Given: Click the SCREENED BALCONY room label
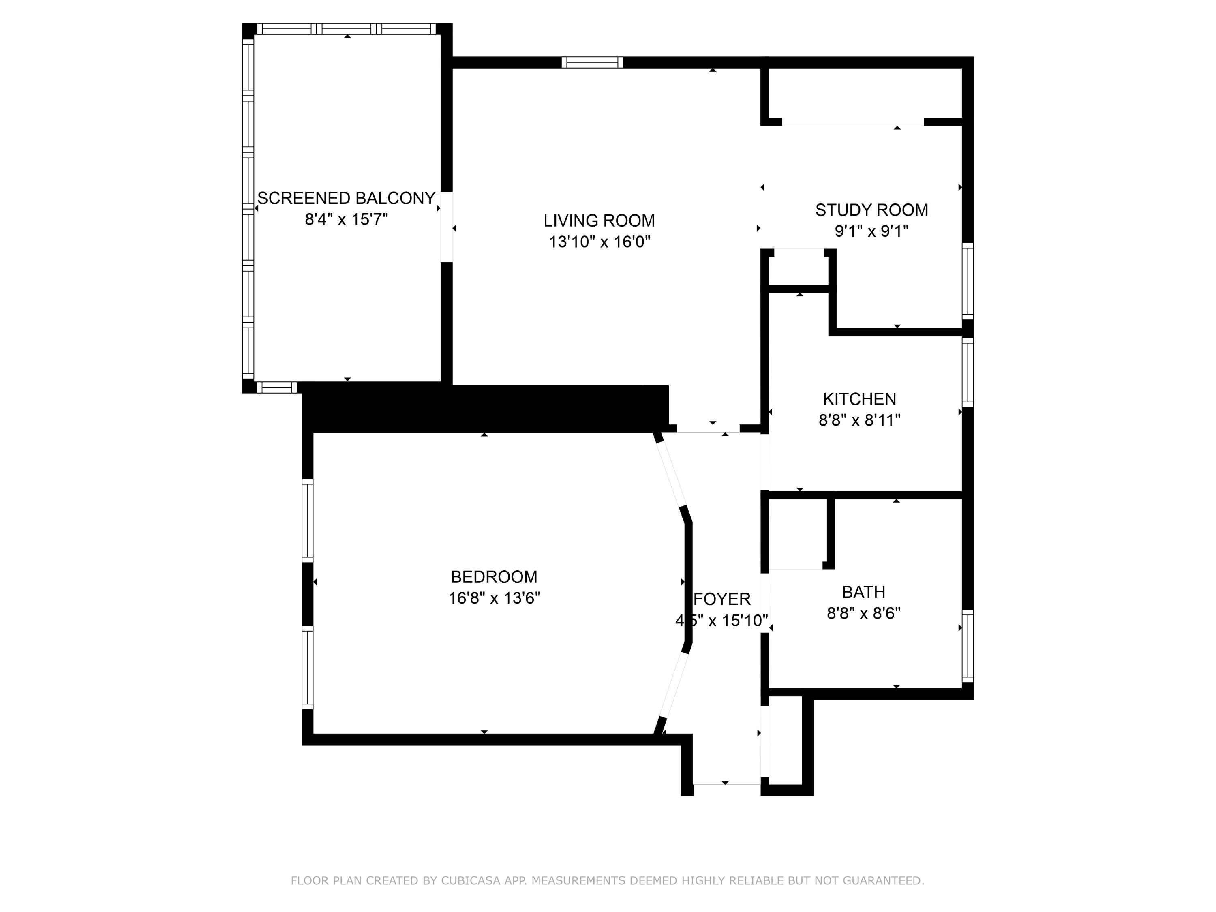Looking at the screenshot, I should coord(346,198).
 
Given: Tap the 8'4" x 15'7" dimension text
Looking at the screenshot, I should coord(346,220).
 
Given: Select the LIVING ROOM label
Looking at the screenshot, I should coord(599,221).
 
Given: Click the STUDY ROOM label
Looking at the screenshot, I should coord(871,210).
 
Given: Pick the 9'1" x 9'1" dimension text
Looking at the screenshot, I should coord(871,231).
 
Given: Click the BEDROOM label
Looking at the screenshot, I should coord(494,577).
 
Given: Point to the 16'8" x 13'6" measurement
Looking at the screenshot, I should coord(494,598).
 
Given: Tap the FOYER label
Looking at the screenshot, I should coord(722,599).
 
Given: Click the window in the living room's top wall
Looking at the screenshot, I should coord(592,62).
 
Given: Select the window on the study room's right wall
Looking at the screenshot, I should coord(968,281).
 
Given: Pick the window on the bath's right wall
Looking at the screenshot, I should coord(968,646).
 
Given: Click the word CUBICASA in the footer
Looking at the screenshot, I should coord(470,881).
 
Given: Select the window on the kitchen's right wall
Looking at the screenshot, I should coord(968,372).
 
